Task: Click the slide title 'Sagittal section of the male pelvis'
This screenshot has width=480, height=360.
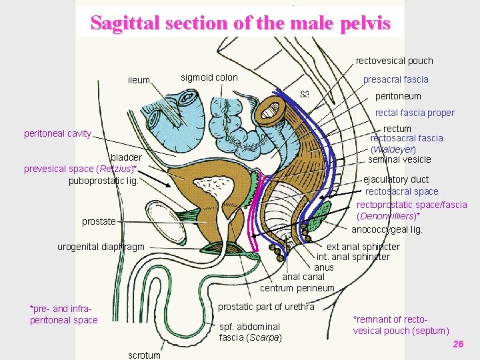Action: coord(240,23)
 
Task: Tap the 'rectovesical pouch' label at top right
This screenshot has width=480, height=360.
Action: coord(394,61)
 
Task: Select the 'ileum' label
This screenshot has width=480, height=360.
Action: coord(139,80)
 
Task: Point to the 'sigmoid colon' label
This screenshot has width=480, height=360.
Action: coord(209,77)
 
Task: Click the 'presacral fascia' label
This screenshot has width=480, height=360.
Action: coord(395,79)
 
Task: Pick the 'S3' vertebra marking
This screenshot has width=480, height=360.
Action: coord(305,93)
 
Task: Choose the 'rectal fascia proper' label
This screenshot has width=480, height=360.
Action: coord(415,113)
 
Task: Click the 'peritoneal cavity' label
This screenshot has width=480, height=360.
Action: coord(57,133)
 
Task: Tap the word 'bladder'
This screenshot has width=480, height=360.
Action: coord(126,158)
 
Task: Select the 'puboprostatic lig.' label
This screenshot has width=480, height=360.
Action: coord(103,181)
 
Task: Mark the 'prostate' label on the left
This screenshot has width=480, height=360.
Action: coord(99,221)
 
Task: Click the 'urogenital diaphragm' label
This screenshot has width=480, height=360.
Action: coord(101,247)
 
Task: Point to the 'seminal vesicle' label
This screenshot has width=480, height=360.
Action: coord(399,159)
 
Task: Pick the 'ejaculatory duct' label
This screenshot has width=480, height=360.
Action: coord(396,179)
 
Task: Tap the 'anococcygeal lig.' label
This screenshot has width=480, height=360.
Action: coord(387,229)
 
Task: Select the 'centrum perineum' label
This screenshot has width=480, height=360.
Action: coord(297,288)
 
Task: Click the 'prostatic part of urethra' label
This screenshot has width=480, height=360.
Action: coord(266,307)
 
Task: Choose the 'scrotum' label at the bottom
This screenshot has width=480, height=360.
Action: coord(143,355)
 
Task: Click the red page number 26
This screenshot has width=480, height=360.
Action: coord(458,343)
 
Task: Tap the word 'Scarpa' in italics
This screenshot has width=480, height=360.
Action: coord(263,337)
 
